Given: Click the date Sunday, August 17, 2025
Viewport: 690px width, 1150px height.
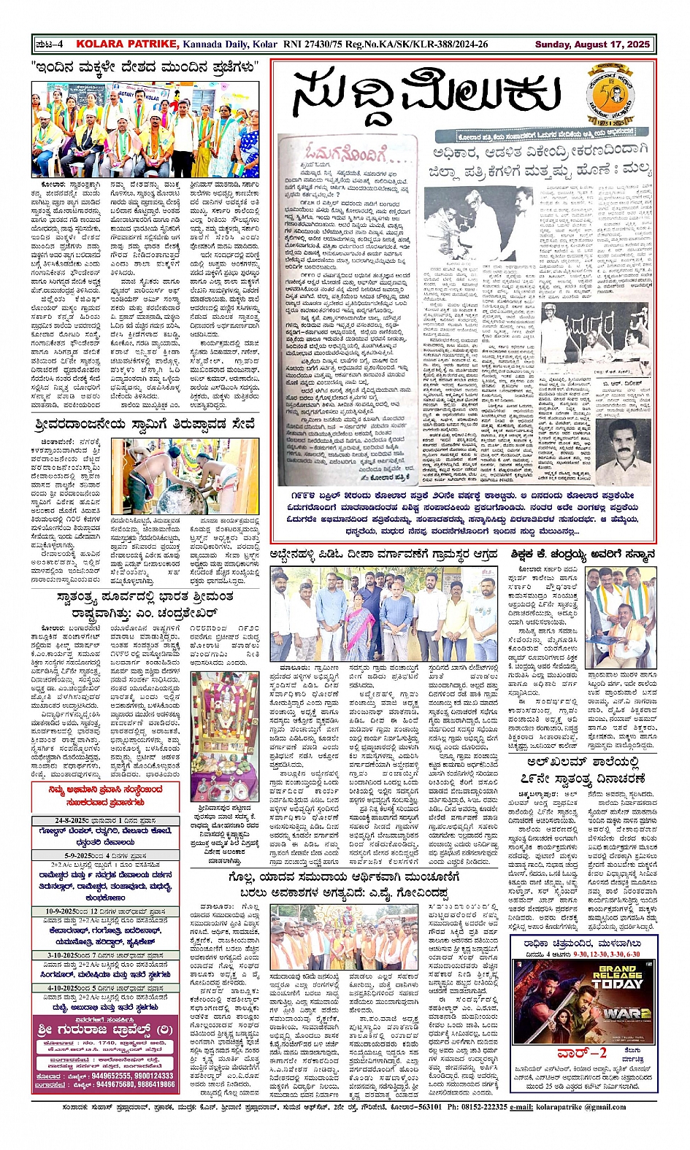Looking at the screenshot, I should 592,45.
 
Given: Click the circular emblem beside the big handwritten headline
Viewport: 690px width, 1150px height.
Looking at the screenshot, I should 612,96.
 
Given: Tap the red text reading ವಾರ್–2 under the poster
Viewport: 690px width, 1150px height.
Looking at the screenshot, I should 581,1054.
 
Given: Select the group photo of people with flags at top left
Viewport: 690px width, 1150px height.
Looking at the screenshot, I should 145,119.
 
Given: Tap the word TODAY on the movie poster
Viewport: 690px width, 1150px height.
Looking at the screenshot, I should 618,983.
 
